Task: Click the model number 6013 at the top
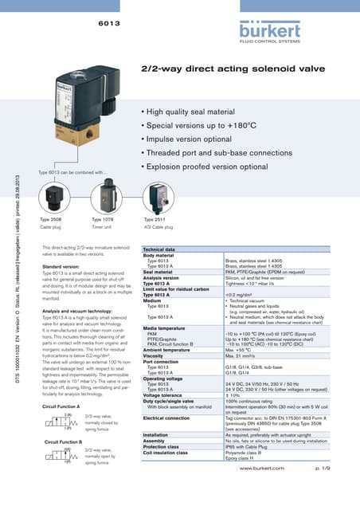108,24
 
